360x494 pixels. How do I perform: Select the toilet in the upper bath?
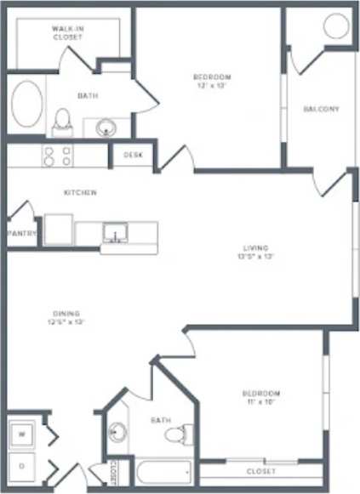coord(62,122)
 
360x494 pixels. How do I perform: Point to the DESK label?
coord(133,155)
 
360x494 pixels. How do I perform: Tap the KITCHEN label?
coord(81,193)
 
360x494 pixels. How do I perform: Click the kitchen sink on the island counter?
coord(113,232)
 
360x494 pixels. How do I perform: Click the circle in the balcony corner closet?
coord(336,26)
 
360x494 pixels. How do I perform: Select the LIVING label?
coord(250,248)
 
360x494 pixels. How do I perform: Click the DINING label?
coord(66,313)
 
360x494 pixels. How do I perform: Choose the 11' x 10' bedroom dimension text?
coord(261,402)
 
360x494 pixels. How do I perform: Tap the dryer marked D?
coord(21,466)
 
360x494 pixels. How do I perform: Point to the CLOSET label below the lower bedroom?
coord(261,471)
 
